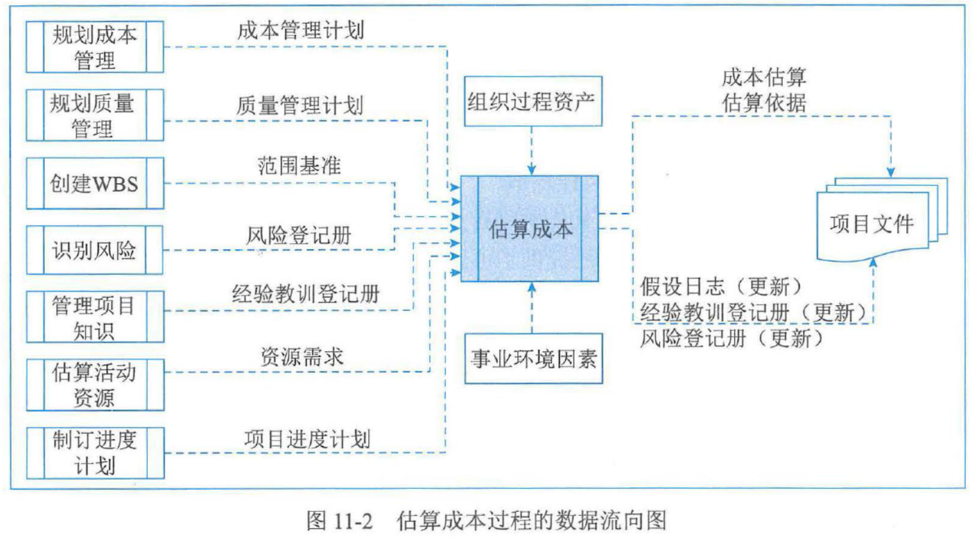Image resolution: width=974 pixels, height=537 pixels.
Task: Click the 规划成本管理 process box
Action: (95, 47)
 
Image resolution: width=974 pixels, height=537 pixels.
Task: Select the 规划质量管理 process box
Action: (95, 115)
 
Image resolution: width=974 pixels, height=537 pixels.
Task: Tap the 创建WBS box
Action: (95, 183)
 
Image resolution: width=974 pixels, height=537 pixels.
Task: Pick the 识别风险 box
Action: (95, 250)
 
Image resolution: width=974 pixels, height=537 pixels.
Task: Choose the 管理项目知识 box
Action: (95, 317)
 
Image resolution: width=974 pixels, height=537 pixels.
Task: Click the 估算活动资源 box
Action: (95, 385)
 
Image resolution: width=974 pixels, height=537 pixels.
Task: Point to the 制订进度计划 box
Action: (95, 453)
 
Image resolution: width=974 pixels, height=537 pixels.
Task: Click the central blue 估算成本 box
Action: (530, 229)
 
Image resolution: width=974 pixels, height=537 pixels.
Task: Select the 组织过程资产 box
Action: (532, 101)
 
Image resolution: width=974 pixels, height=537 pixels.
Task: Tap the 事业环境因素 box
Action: (533, 358)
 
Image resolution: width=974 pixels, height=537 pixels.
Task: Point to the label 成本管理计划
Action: (301, 30)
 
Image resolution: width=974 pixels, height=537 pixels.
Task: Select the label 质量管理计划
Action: (300, 105)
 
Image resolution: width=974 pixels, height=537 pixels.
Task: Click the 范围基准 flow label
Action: (299, 165)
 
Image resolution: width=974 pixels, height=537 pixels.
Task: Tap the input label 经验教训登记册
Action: (306, 294)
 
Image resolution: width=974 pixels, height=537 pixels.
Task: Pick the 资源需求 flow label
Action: (302, 357)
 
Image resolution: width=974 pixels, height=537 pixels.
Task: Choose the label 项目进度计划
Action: (307, 439)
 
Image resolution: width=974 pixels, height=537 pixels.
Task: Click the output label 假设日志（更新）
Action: (721, 287)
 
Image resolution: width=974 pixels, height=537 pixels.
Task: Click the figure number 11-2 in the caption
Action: (353, 521)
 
